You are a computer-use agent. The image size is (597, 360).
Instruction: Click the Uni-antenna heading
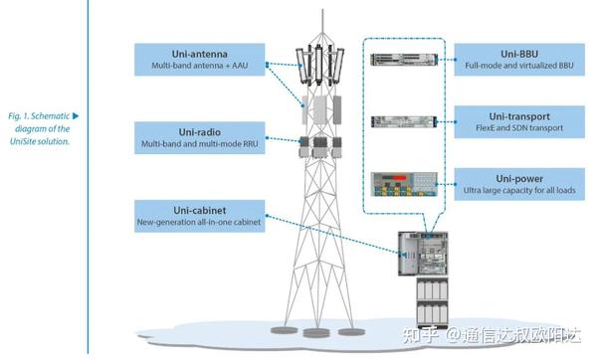tap(199, 52)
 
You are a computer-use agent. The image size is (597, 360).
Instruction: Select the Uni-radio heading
tap(199, 130)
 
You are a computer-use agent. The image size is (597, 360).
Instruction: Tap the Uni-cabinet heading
tap(199, 210)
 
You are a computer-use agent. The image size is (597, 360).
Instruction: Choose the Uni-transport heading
tap(515, 116)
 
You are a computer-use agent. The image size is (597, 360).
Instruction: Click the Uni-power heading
tap(515, 179)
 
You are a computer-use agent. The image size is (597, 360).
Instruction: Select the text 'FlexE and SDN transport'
tap(515, 129)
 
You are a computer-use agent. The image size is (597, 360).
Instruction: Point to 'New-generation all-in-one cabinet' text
tap(199, 223)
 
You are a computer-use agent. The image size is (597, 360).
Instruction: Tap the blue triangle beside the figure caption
tap(75, 116)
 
